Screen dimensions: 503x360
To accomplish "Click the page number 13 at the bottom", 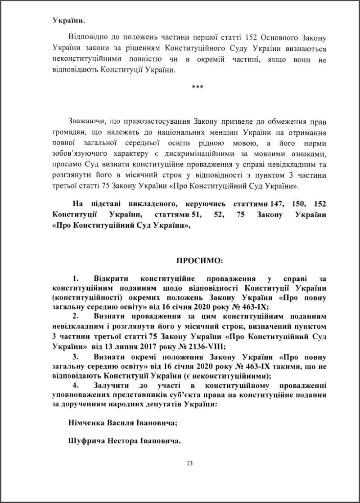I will pyautogui.click(x=189, y=463).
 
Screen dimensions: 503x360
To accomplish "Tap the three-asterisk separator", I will pyautogui.click(x=198, y=87).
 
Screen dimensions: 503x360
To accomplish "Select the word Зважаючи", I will pyautogui.click(x=85, y=121).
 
